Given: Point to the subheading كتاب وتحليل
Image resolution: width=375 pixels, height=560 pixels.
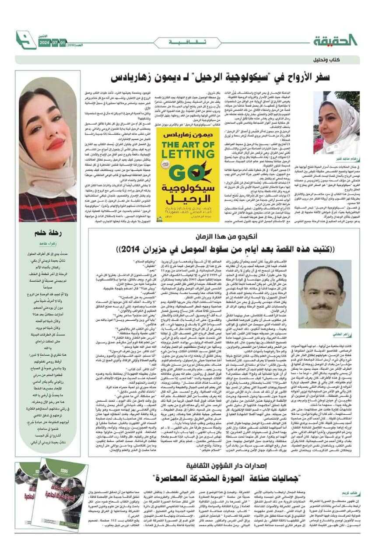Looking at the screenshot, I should coord(341,59).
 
